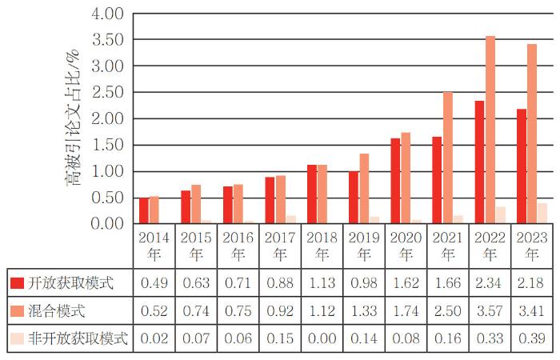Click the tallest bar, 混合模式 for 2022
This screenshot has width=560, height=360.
[490, 130]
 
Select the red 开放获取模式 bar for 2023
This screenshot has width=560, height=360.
[522, 166]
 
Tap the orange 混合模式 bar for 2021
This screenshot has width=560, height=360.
[448, 158]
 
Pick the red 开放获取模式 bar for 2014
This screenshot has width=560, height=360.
[144, 210]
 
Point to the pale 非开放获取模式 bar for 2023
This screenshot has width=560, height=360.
[542, 214]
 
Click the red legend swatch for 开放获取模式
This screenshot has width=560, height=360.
[18, 283]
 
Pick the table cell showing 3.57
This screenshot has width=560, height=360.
[490, 310]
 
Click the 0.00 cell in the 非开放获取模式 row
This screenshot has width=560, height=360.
[322, 338]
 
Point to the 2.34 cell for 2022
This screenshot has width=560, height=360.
[490, 283]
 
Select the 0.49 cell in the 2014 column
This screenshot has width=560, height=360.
[154, 283]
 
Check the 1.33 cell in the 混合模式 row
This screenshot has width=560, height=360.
[364, 310]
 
